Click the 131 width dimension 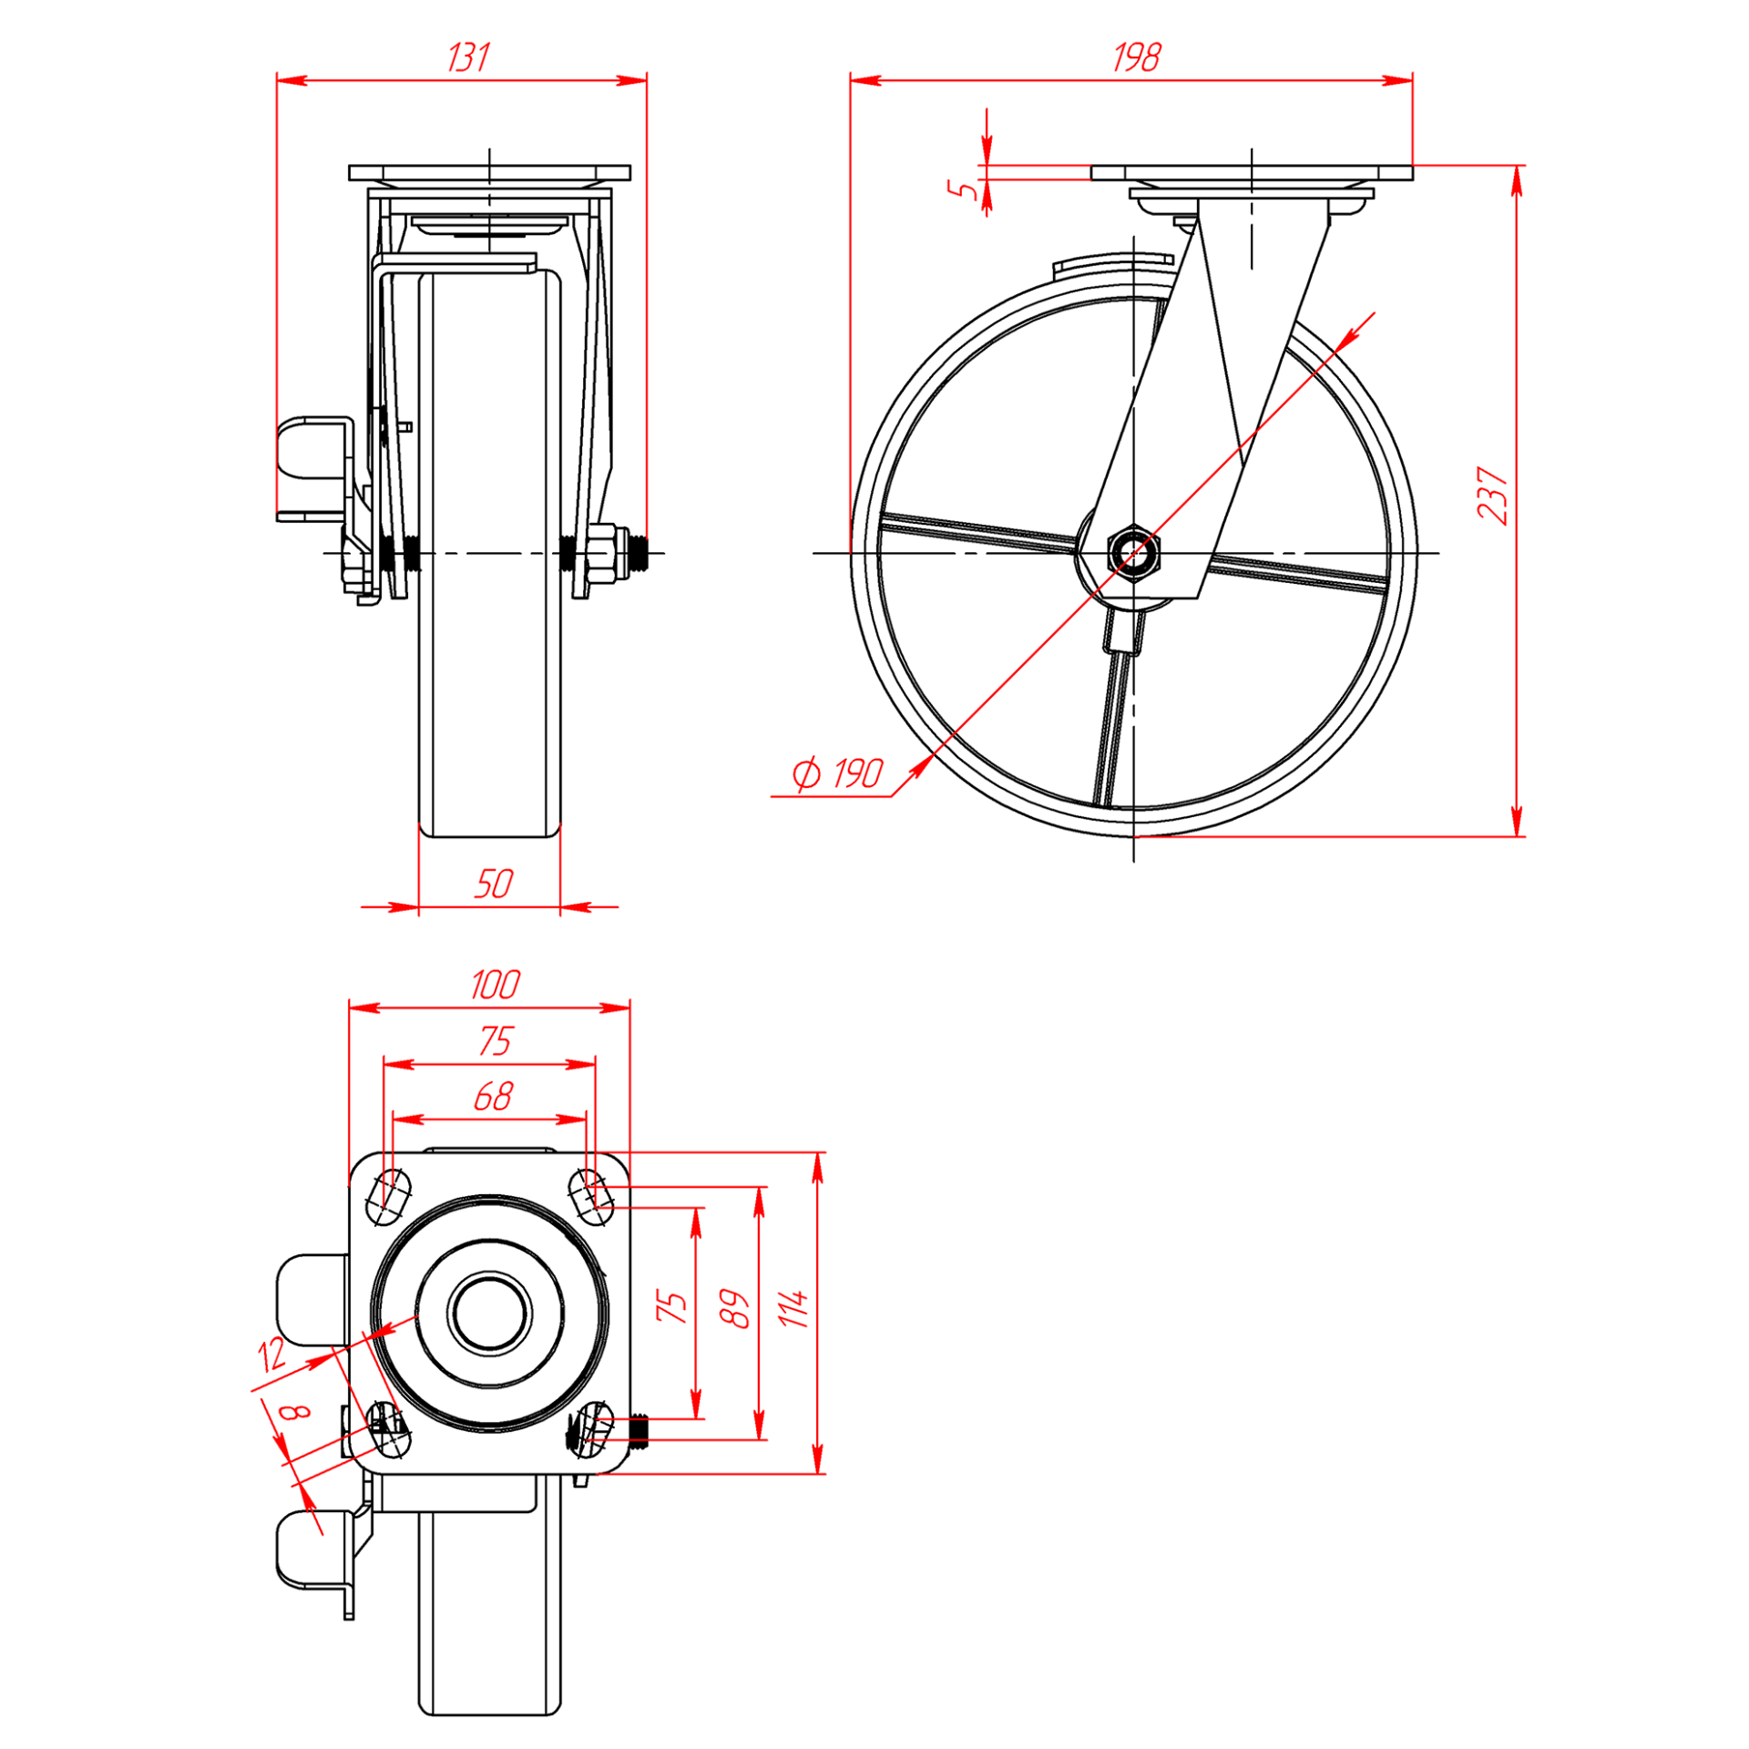point(468,58)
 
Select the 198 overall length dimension point(1136,58)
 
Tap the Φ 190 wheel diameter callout point(837,774)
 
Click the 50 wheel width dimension point(493,884)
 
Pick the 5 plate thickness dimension point(962,189)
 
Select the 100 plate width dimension point(495,985)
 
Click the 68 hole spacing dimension point(493,1096)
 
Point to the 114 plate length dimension point(793,1308)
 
